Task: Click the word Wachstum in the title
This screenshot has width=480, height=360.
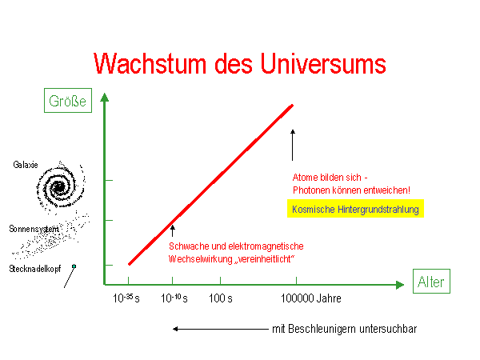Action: coord(150,64)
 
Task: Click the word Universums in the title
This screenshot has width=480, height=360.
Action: coord(323,64)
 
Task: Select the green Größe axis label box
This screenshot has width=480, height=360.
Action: coord(68,101)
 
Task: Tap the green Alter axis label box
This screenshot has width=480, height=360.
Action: coord(431,282)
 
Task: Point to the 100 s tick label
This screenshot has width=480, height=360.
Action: coord(221,298)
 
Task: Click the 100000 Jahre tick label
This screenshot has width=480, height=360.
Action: coord(311,298)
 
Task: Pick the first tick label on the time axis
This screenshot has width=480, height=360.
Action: coord(126,298)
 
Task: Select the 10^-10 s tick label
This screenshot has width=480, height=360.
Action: coord(174,298)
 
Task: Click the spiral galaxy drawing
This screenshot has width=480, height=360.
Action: coord(60,187)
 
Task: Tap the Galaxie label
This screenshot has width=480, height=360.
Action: coord(26,165)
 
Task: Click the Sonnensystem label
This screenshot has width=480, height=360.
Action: coord(34,229)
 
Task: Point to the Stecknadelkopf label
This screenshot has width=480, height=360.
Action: coord(35,269)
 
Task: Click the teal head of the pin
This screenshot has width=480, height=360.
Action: coord(74,266)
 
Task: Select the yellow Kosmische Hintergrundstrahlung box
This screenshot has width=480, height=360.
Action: coord(355,209)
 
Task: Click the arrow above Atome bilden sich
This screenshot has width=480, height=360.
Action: coord(293,145)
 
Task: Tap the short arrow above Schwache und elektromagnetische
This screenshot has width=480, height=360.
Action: coord(173,231)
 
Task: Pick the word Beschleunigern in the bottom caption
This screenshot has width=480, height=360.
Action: coord(322,329)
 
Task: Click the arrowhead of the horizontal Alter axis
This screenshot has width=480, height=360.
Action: coord(400,285)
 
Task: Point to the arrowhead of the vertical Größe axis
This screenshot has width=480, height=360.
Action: coord(105,98)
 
